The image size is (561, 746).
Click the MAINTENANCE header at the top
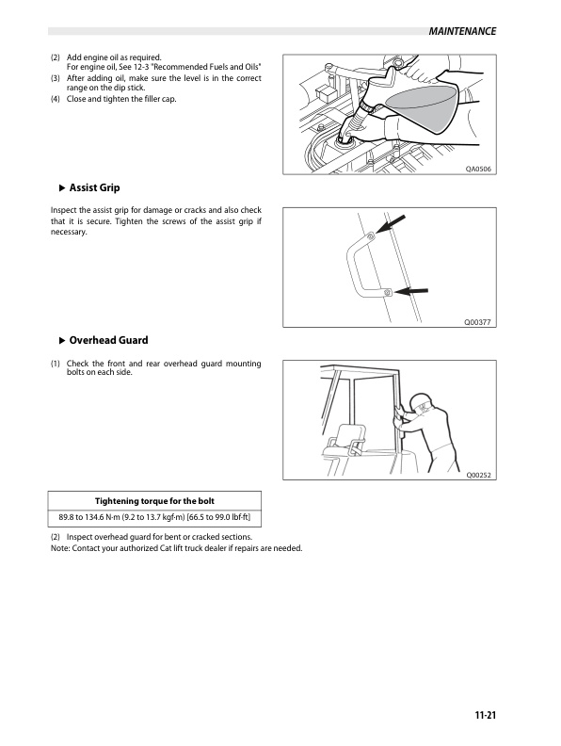(x=461, y=32)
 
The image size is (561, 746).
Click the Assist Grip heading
(x=94, y=187)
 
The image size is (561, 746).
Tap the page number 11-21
(x=486, y=716)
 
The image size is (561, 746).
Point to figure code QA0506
(x=479, y=170)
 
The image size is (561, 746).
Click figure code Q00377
(x=479, y=322)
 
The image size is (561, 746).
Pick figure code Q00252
(x=479, y=475)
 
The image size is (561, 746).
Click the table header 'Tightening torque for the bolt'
(x=155, y=500)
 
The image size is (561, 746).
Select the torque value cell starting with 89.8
(x=155, y=518)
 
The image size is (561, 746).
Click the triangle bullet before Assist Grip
(x=61, y=187)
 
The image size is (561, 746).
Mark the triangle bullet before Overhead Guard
(x=61, y=340)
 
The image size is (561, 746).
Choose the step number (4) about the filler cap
(x=56, y=99)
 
